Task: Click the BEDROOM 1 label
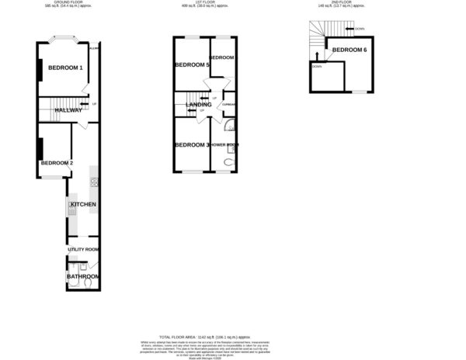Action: pos(65,69)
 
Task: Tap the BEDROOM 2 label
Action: pos(56,162)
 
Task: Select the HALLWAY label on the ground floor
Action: pos(68,110)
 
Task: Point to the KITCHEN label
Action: pos(83,204)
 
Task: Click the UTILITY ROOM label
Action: pos(83,249)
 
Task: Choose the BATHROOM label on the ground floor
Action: pos(82,276)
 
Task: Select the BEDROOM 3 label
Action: pos(192,145)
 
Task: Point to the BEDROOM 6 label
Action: pos(349,50)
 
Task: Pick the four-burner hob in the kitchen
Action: pos(93,182)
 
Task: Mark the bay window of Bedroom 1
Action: pos(64,40)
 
